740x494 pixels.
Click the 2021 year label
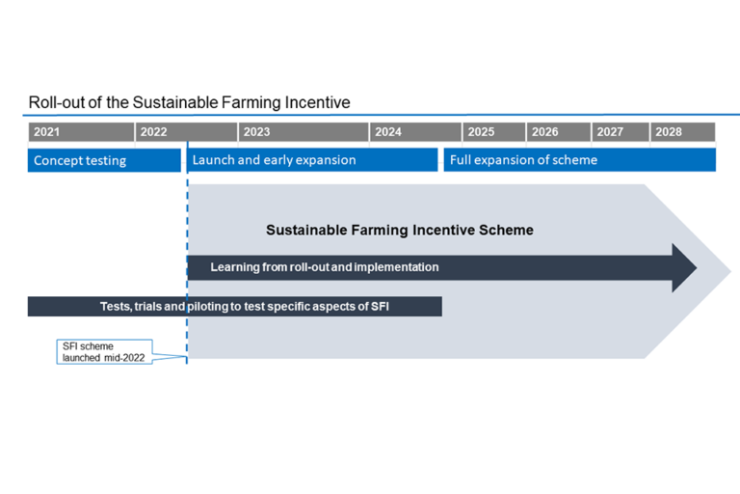point(46,132)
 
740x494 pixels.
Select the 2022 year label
point(153,132)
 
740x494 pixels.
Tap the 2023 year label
point(256,132)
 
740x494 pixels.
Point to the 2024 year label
point(388,132)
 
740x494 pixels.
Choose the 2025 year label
point(481,132)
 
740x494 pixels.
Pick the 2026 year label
point(544,132)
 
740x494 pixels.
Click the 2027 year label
point(610,132)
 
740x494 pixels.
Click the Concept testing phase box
point(104,160)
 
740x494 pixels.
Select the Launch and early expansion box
point(312,160)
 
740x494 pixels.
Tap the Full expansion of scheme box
point(579,160)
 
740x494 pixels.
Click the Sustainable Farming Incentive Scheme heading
point(399,231)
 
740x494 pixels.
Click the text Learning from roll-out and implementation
point(325,267)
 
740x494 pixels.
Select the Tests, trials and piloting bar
point(234,307)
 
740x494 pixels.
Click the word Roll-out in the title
point(53,102)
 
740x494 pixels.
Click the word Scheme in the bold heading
point(508,231)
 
